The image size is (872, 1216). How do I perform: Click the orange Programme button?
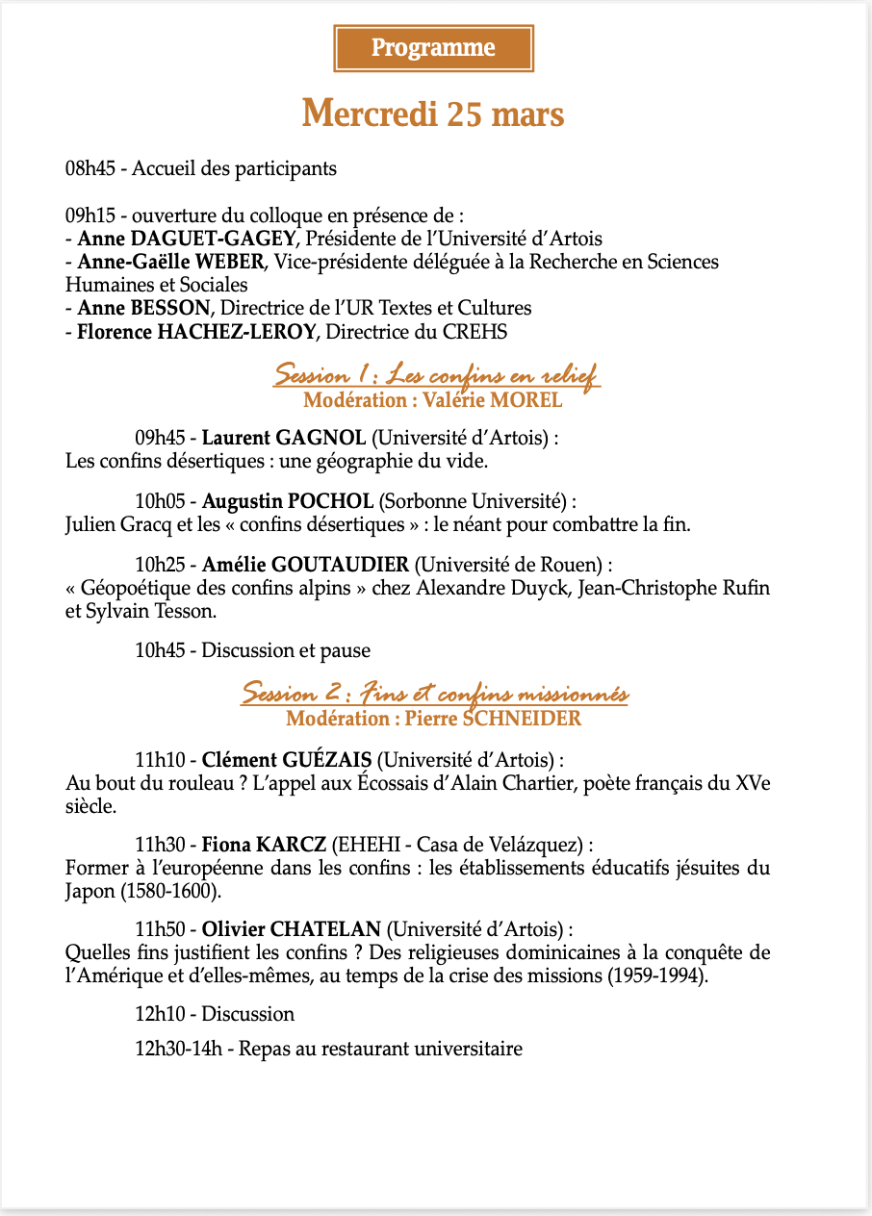point(433,48)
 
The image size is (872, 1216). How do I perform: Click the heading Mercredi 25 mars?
point(433,114)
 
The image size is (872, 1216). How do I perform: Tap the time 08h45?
point(90,168)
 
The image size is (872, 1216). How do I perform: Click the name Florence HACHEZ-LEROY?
point(197,332)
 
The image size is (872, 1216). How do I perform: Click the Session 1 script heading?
point(437,373)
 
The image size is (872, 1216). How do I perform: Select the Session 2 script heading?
point(434,693)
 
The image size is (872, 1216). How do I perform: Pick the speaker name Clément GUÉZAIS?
point(286,758)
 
